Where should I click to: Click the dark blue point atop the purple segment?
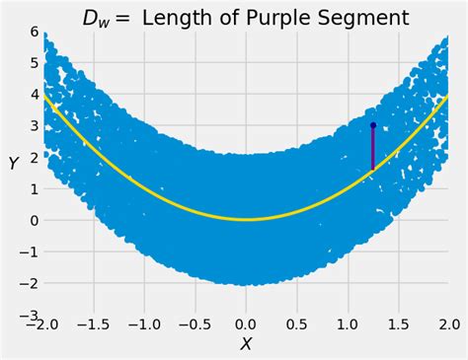coord(373,125)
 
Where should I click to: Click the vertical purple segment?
coord(373,149)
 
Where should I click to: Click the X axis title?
coord(246,343)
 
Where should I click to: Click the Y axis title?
coord(14,164)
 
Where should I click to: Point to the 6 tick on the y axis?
coord(34,32)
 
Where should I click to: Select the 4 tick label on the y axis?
coord(34,95)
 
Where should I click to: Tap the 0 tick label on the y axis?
coord(34,220)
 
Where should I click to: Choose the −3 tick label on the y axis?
coord(30,315)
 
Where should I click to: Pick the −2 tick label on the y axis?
coord(30,283)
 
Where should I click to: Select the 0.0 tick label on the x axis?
coord(246,324)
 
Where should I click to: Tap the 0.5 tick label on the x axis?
coord(297,324)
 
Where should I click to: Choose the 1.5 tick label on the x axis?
coord(399,324)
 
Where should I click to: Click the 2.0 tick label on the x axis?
coord(448,324)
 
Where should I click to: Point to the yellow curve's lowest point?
coord(246,219)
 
